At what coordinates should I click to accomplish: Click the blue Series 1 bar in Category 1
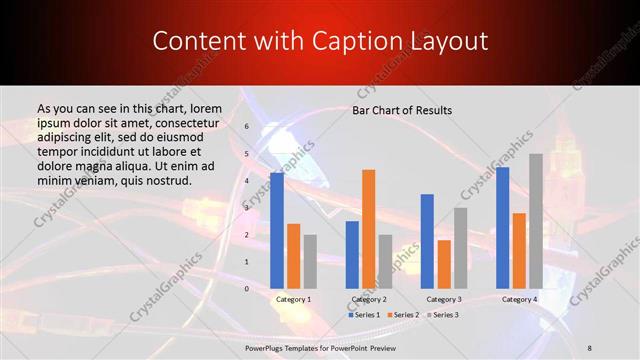[277, 231]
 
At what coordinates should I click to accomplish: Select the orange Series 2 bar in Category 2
[369, 229]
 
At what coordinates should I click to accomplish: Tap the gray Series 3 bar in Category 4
[536, 221]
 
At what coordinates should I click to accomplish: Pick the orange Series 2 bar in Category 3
[444, 264]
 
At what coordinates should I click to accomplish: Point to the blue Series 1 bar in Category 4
[502, 228]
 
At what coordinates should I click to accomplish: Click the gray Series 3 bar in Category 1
[310, 261]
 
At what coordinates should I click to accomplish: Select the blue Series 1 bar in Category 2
[352, 254]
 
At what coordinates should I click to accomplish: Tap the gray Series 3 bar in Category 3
[461, 248]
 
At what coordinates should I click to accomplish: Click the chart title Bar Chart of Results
[402, 110]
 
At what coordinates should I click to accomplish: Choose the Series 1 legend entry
[364, 315]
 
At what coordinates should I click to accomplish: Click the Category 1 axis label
[293, 299]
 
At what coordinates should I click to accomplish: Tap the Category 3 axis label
[444, 299]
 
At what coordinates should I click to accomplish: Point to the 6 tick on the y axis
[246, 127]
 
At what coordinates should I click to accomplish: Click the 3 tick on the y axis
[246, 208]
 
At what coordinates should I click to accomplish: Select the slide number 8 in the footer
[589, 347]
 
